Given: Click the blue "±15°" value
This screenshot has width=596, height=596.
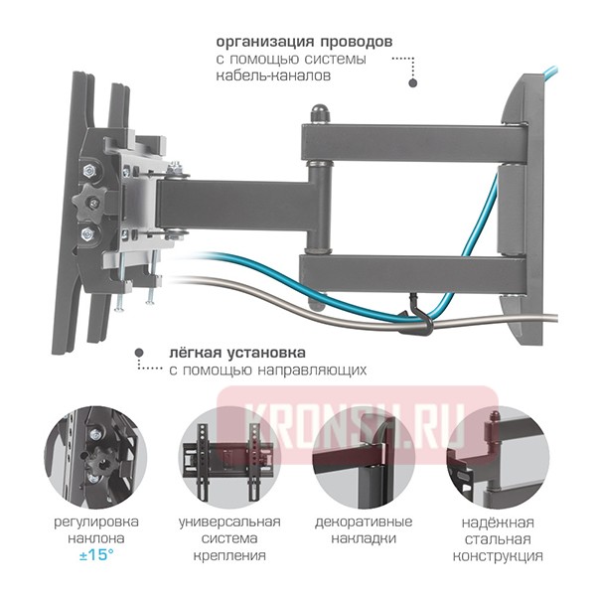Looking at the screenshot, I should tap(96, 553).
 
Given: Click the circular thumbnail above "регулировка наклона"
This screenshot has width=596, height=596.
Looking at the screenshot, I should tap(96, 455).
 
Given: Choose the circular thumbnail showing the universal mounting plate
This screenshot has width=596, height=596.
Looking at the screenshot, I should tap(229, 455).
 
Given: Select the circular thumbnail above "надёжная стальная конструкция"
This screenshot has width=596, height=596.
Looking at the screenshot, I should tap(494, 455).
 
